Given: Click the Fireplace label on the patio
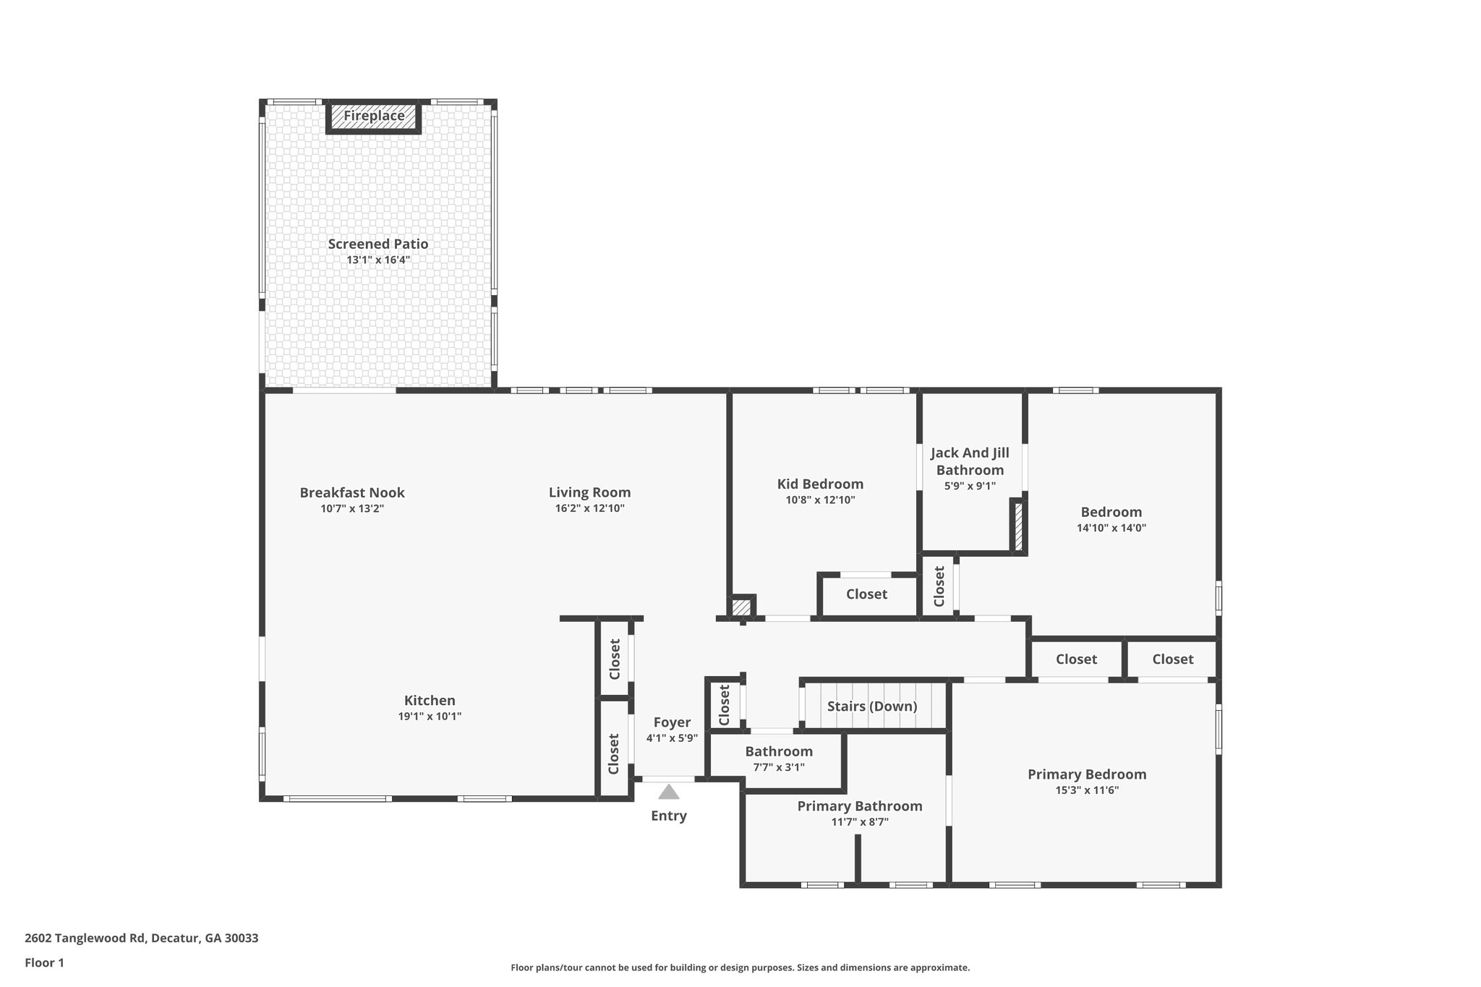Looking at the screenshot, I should [x=373, y=116].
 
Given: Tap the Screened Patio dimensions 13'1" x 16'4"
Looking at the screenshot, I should [x=378, y=260].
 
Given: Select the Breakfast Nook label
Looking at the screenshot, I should [x=352, y=492].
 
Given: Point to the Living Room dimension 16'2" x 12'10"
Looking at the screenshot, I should [x=589, y=508].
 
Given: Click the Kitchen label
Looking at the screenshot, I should [x=430, y=700].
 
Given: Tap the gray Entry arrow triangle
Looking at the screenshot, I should [x=669, y=792].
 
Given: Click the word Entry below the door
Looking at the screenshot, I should [x=669, y=816].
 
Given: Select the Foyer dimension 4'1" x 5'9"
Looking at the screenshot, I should [x=672, y=738].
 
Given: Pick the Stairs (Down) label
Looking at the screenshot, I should [x=872, y=706].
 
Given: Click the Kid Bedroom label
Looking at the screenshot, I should [x=820, y=484].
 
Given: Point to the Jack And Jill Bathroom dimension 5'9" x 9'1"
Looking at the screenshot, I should [x=970, y=486].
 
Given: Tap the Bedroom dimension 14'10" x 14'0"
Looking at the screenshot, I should [x=1111, y=528].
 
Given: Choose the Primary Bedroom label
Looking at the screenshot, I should [x=1087, y=774].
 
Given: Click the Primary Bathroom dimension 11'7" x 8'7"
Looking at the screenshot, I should [x=860, y=822].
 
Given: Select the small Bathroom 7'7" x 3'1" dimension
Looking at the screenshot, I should [x=779, y=767].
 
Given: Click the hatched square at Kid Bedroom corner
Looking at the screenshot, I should [x=741, y=607].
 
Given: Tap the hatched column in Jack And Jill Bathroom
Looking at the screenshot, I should [x=1017, y=526].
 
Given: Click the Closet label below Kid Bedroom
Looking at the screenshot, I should [x=866, y=594].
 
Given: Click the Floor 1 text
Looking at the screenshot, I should [x=44, y=962].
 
